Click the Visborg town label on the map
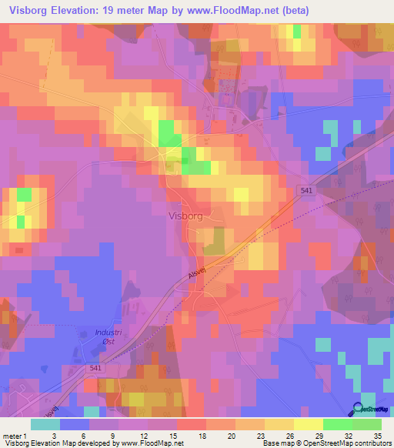185,216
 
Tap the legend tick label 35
377,435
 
